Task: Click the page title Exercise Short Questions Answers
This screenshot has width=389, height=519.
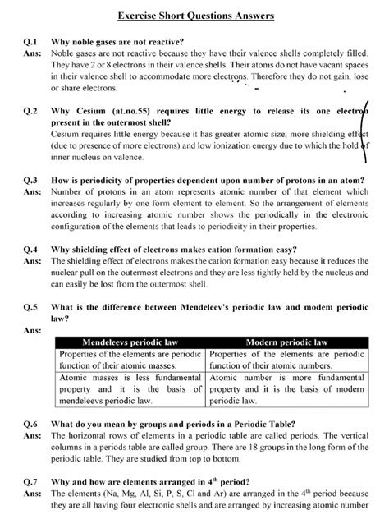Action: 194,16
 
